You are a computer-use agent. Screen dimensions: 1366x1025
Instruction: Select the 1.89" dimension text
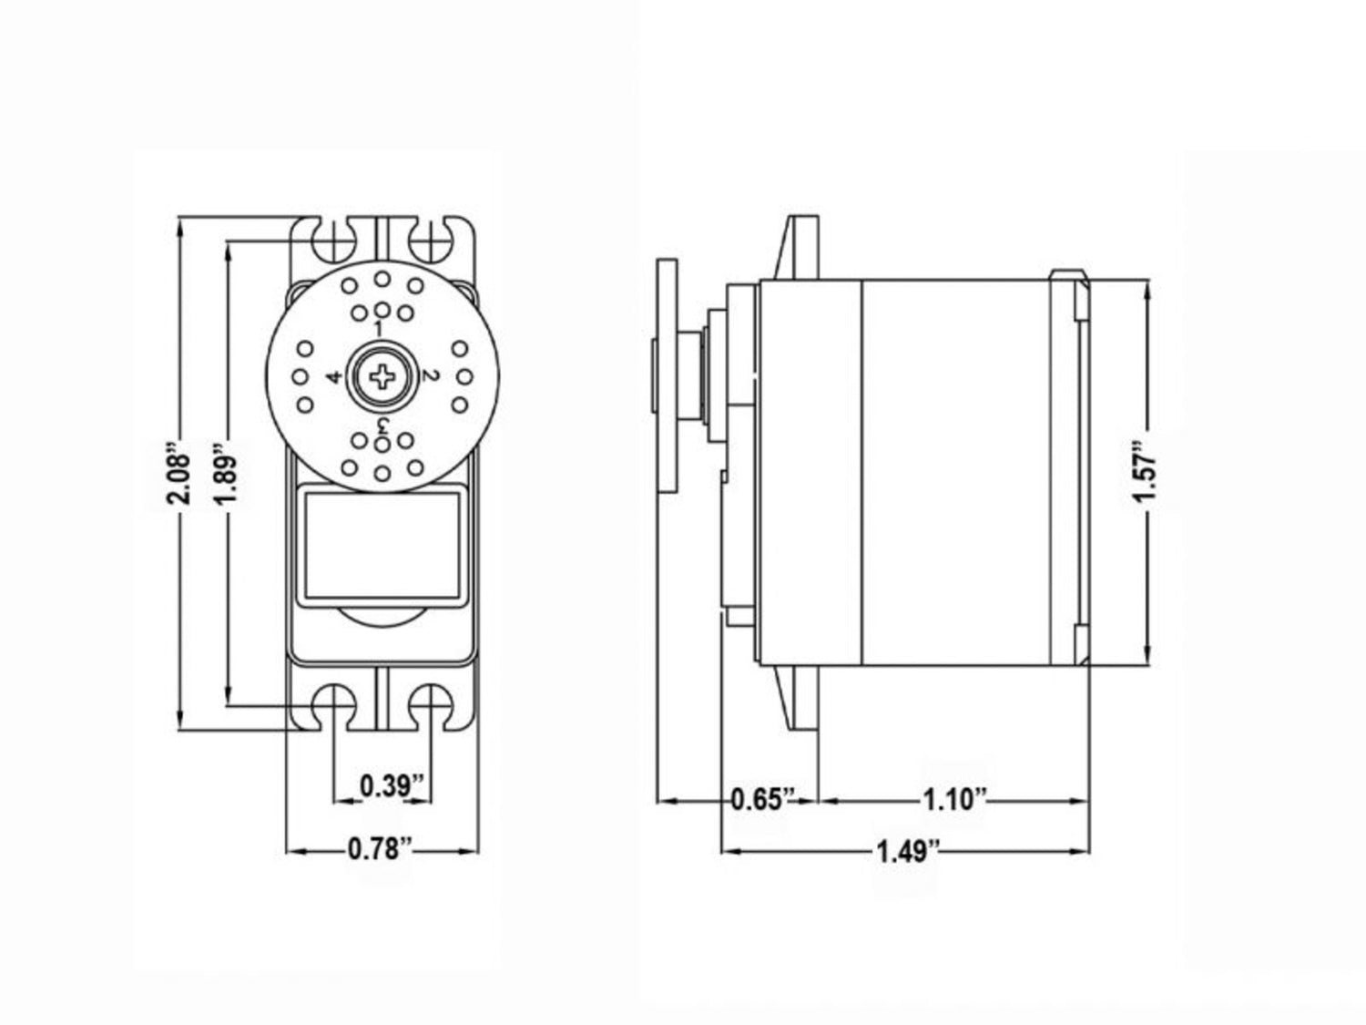[x=228, y=473]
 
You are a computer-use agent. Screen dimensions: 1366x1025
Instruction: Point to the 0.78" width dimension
[x=381, y=849]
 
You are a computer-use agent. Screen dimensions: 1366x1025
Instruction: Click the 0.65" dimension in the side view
[x=763, y=798]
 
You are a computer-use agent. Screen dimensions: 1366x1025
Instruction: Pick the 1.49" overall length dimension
[x=907, y=851]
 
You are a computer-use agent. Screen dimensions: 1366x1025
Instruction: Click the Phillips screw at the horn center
[x=382, y=376]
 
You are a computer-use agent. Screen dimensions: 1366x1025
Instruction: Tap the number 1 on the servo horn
[x=378, y=328]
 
